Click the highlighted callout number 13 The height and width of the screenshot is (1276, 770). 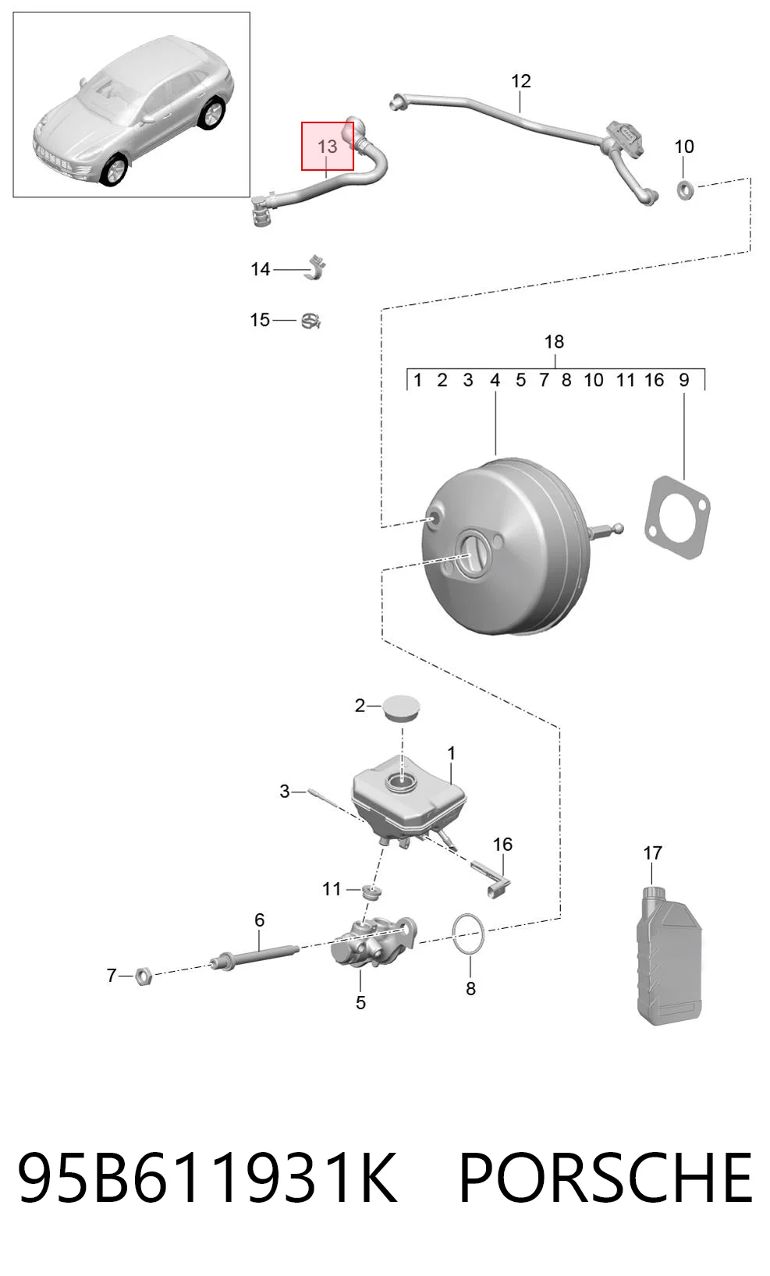coord(327,147)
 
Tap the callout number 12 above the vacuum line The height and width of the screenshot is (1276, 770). coord(521,81)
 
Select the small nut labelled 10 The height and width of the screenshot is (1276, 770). coord(685,190)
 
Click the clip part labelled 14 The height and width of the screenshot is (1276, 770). coord(315,268)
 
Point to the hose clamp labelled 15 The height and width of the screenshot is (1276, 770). coord(311,321)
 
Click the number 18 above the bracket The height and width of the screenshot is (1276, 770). coord(554,342)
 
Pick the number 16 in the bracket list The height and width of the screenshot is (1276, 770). coord(654,380)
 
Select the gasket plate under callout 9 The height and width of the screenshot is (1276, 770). coord(677,517)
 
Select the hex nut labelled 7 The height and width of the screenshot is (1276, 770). coord(144,977)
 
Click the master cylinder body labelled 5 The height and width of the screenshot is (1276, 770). coord(374,942)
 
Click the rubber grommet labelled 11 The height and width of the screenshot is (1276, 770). coord(371,892)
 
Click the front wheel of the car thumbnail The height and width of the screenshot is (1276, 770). coord(114,171)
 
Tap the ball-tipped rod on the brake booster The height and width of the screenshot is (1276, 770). coord(605,530)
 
